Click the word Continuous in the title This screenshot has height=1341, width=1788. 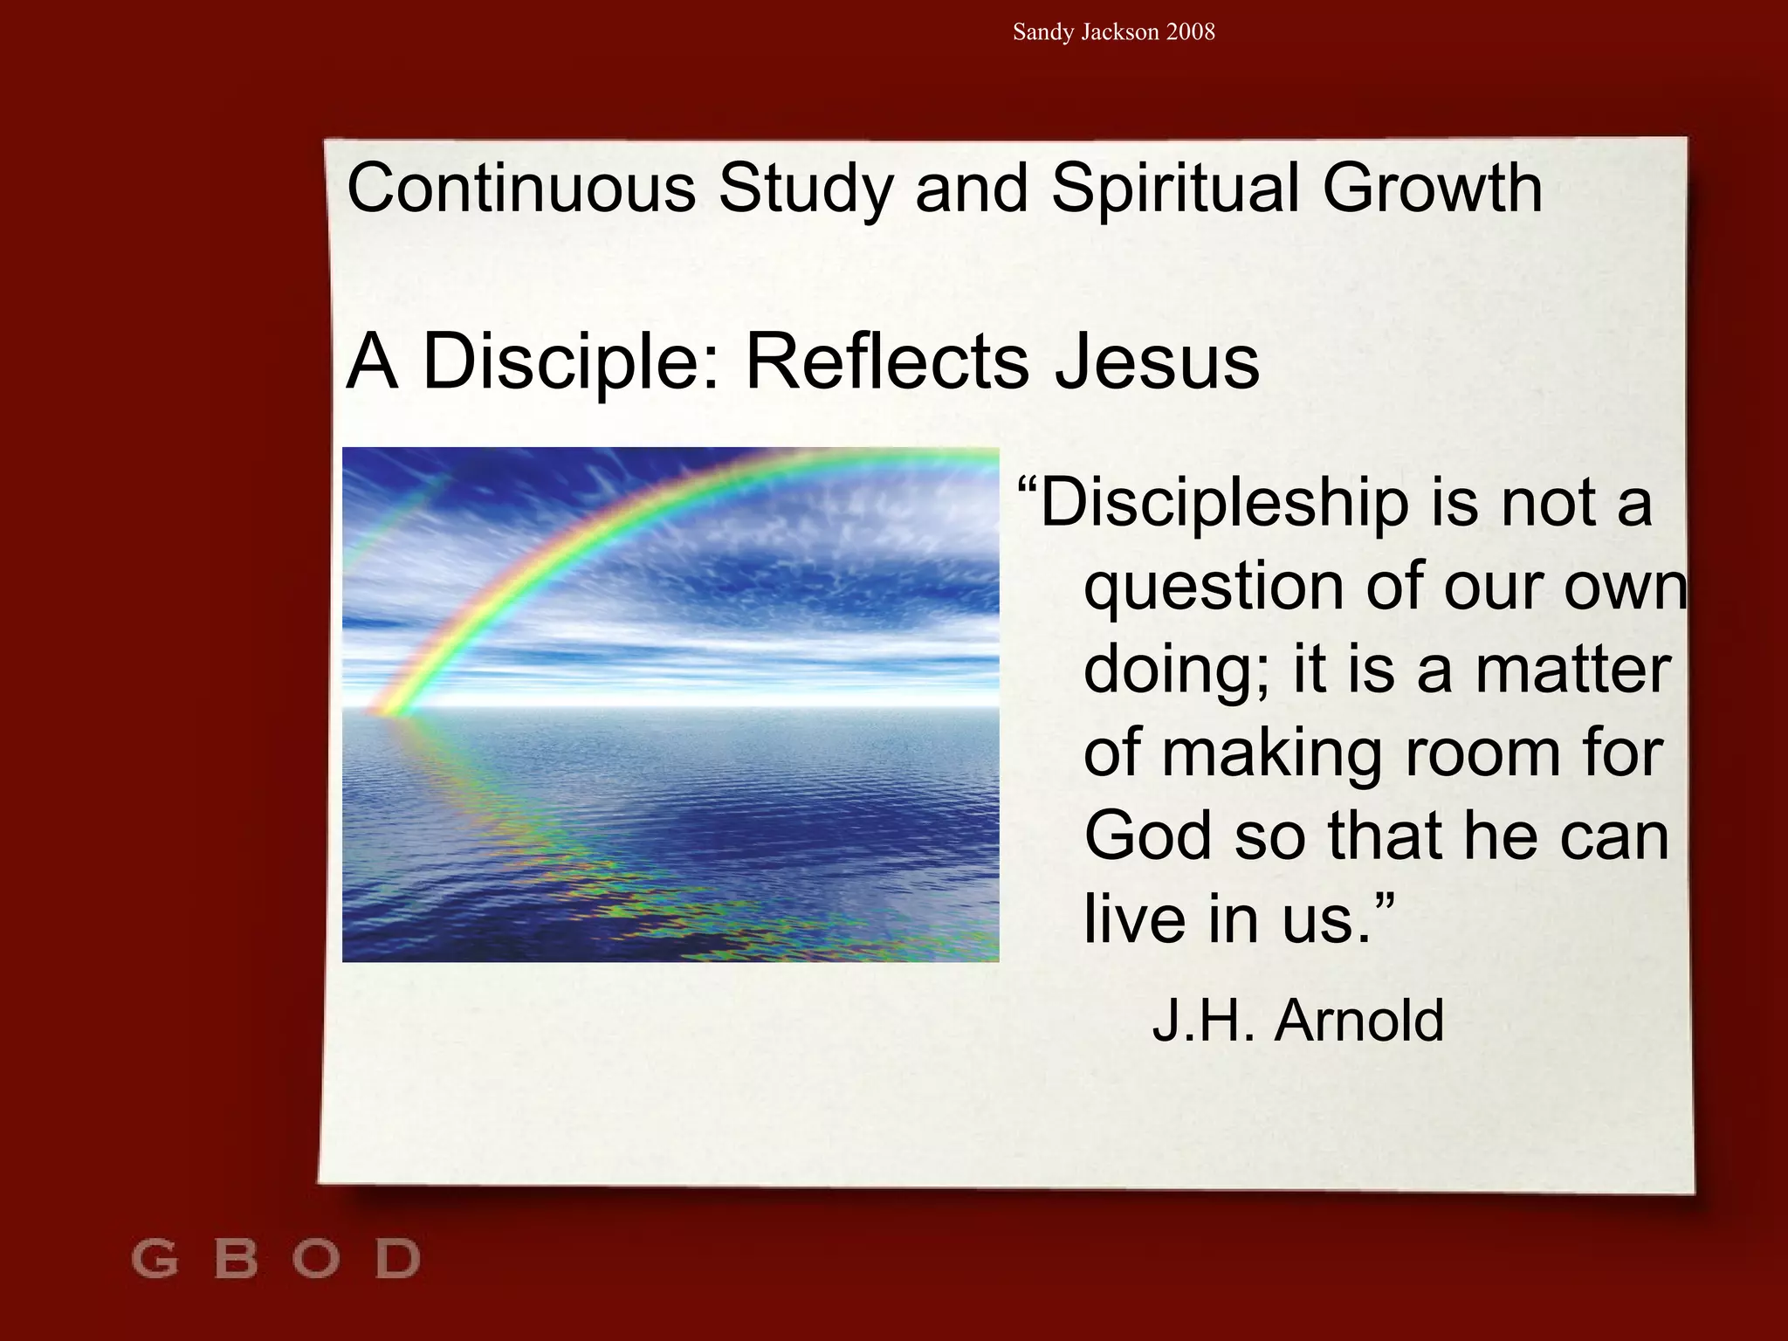click(521, 188)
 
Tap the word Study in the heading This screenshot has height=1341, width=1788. click(805, 189)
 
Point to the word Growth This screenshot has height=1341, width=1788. click(1432, 188)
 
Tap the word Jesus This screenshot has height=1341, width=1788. click(1157, 361)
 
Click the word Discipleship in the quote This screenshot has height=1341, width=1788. click(1222, 504)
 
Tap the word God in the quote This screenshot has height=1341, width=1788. click(1149, 836)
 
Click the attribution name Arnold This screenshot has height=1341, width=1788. click(1358, 1020)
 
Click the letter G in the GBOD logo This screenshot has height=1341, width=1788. click(155, 1259)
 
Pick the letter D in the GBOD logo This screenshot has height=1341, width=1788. click(398, 1259)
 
